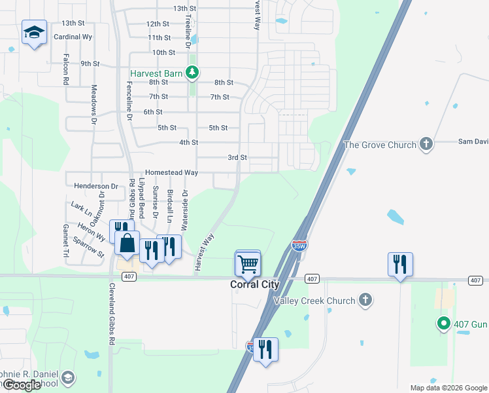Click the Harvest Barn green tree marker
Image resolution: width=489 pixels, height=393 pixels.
point(192,73)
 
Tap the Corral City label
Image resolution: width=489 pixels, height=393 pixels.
point(254,285)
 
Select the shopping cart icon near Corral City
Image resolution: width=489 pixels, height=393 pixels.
point(248,264)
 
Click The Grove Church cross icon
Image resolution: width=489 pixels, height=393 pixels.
point(426,144)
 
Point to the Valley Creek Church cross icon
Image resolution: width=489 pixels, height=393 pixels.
point(365,301)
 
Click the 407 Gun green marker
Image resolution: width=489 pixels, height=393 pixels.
point(443,323)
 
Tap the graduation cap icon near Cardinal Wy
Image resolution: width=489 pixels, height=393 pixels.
point(33,32)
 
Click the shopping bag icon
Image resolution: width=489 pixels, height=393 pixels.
point(127,244)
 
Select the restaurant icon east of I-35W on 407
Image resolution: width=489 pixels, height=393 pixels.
point(399,264)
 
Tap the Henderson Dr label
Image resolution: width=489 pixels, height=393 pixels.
point(95,187)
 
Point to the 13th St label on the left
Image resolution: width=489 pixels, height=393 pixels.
point(74,23)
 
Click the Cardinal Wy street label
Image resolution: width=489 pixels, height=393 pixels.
point(73,37)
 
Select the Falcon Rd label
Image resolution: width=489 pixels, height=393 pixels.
point(66,69)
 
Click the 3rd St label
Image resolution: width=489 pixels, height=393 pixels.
point(237,158)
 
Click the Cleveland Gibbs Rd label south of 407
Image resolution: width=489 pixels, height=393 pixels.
point(112,315)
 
